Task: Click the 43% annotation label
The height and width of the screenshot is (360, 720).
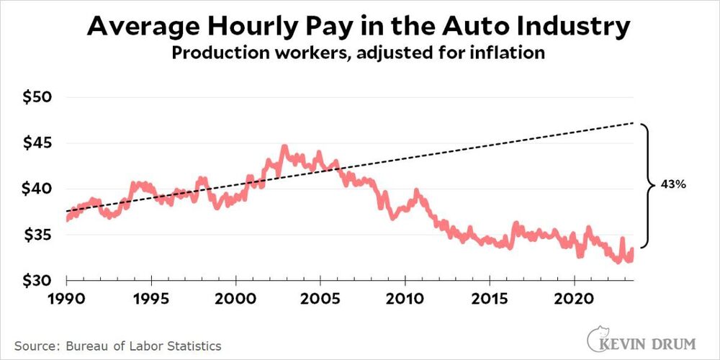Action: (x=672, y=185)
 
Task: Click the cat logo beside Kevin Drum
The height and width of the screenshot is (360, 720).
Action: (x=597, y=336)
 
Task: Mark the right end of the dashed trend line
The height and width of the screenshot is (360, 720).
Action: (x=633, y=123)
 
